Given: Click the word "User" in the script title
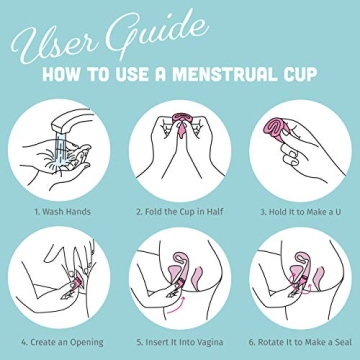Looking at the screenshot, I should point(50,40).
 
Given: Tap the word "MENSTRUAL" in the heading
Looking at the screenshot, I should point(220,74).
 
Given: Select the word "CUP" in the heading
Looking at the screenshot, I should point(296,74).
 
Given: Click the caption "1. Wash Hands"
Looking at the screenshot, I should point(62,212).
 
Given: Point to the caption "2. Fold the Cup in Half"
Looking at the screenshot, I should point(180,212).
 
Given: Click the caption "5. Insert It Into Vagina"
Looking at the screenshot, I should point(180,342).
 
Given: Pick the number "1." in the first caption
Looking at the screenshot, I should point(37,212).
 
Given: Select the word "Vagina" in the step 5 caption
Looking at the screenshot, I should point(210,342).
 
